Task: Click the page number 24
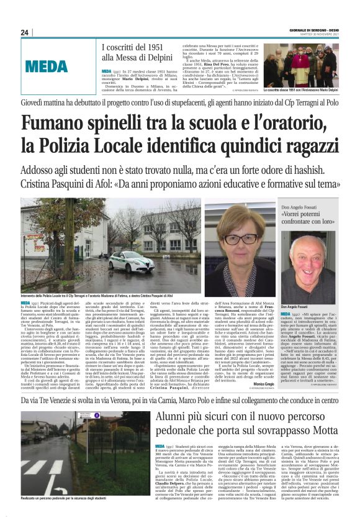point(25,32)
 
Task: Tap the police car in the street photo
point(131,260)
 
